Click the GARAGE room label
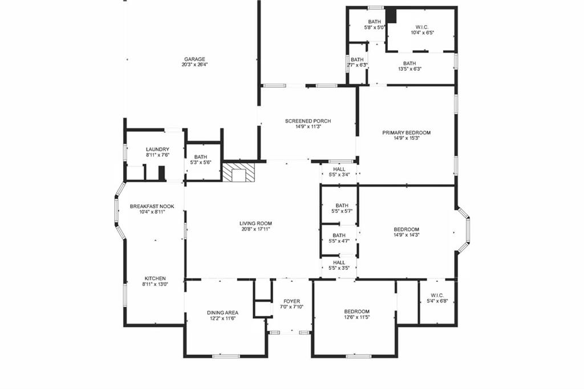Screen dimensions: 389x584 [x=194, y=59]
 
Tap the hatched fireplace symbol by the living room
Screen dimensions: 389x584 [x=238, y=172]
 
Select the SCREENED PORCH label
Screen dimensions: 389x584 [x=308, y=121]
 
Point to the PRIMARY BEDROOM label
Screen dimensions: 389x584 [x=406, y=132]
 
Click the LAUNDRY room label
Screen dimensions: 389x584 [x=157, y=149]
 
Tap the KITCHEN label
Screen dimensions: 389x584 [x=155, y=278]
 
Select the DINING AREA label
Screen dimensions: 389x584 [x=222, y=313]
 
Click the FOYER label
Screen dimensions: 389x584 [x=291, y=301]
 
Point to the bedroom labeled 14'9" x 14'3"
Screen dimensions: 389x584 [x=406, y=234]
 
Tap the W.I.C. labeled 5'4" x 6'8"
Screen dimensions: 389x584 [x=437, y=298]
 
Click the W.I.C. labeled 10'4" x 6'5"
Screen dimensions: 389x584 [x=423, y=30]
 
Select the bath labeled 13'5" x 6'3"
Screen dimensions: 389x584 [x=409, y=66]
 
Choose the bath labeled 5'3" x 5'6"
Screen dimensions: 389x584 [x=200, y=160]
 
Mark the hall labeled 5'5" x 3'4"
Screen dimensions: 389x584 [x=339, y=172]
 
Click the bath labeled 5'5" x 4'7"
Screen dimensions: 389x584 [x=339, y=238]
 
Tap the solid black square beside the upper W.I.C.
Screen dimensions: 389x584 [x=391, y=15]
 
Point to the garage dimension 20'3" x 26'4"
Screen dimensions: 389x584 [x=194, y=65]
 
